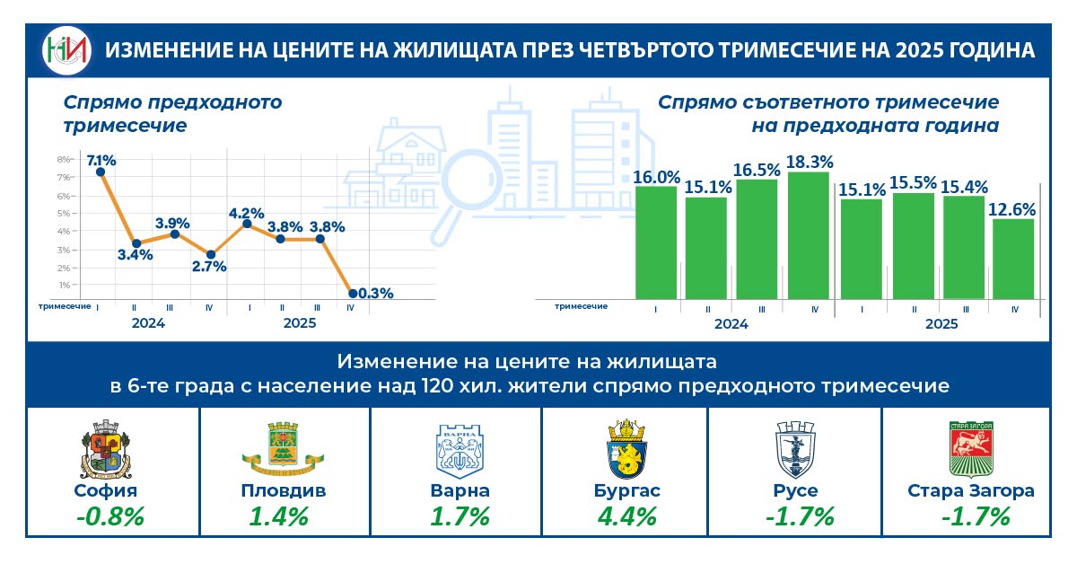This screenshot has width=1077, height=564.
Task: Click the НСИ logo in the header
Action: point(67,50)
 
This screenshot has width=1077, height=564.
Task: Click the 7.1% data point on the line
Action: point(100,172)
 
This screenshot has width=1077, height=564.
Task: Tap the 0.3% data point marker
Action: point(352,293)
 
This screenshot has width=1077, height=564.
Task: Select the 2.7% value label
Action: point(208,267)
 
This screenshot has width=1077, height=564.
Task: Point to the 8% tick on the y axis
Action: point(64,159)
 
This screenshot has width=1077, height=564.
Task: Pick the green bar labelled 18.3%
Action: point(809,234)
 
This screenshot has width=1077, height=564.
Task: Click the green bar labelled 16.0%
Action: point(655,242)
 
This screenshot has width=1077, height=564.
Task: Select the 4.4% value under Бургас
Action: point(626,517)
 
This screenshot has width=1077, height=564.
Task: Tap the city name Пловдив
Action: point(283,491)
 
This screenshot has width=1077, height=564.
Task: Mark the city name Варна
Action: point(460,491)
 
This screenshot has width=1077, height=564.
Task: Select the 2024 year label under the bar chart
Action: point(731,323)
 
